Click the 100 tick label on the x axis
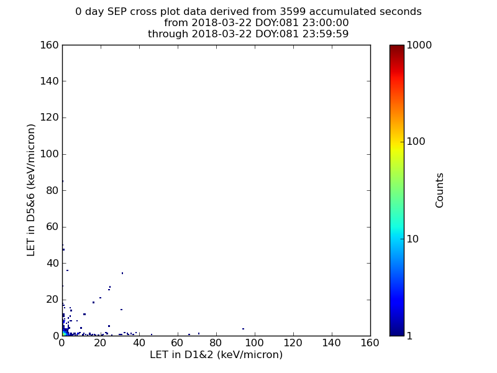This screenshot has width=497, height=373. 255,343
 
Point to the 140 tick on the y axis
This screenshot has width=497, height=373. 63,81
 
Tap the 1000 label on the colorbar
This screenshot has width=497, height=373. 419,45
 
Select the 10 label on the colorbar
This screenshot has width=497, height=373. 413,239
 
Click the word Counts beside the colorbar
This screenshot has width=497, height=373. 439,190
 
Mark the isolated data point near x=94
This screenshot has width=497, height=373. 243,329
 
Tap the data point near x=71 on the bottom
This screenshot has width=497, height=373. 199,333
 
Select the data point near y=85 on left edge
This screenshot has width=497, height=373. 63,181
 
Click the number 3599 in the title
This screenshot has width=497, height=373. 293,12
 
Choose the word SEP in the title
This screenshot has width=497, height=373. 117,12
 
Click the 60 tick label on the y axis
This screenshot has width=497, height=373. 52,227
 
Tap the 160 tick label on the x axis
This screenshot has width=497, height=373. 370,343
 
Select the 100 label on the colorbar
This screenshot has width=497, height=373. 416,141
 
